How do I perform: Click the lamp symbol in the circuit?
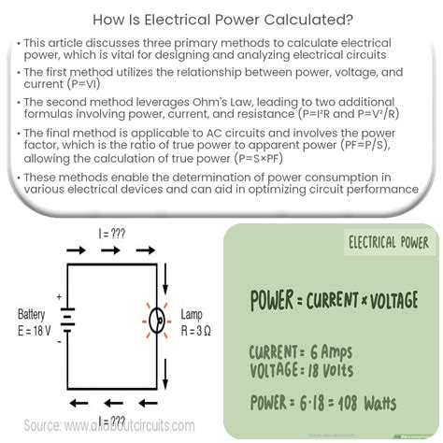click(157, 321)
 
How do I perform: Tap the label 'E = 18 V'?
click(35, 331)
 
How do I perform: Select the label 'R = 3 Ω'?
click(195, 331)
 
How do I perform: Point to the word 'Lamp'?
click(192, 315)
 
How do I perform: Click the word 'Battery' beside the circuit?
click(31, 315)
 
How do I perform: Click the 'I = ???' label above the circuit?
click(112, 234)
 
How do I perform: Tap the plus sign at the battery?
click(59, 296)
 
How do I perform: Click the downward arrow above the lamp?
click(165, 279)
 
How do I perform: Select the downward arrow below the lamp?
click(165, 374)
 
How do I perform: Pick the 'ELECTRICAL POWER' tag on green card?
click(389, 242)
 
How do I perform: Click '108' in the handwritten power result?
click(348, 403)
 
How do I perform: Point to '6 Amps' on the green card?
click(331, 352)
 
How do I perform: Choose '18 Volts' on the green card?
click(331, 370)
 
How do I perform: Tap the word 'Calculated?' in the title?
click(308, 20)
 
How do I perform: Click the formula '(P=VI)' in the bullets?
click(83, 84)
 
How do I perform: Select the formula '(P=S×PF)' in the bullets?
click(259, 158)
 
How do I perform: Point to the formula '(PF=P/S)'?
click(364, 145)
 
